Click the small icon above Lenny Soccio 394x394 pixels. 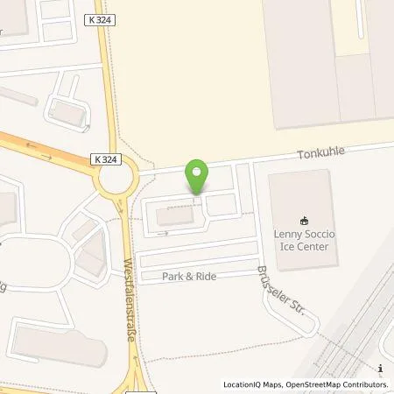[304, 221]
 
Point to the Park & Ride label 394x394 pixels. [189, 276]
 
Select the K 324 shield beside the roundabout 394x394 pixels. [102, 159]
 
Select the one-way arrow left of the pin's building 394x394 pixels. [162, 234]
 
